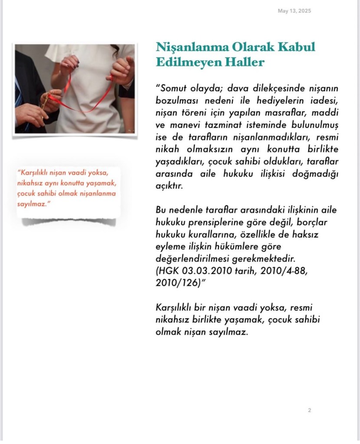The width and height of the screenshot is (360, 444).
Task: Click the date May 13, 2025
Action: [295, 11]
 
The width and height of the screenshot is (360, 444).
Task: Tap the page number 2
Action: [310, 410]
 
